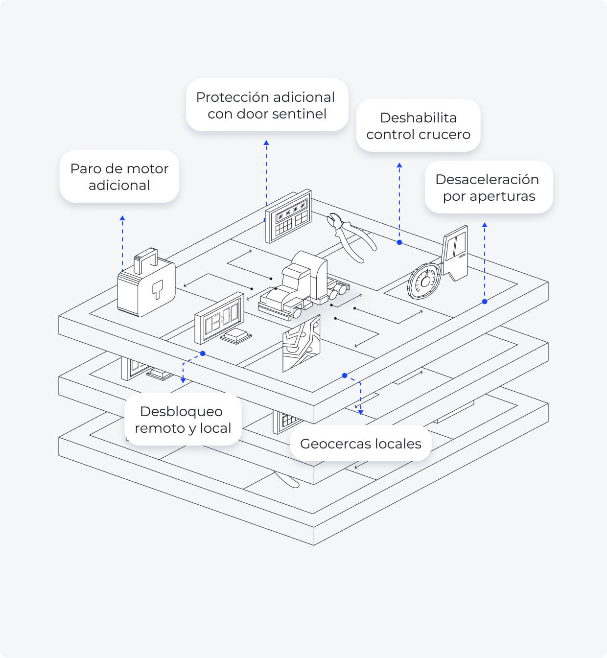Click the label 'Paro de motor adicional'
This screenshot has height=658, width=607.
(119, 177)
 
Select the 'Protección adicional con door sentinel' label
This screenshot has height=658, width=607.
(266, 105)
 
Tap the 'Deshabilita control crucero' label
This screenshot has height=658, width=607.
(418, 126)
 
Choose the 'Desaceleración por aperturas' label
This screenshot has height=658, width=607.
(488, 188)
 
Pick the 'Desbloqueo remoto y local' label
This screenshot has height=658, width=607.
(183, 420)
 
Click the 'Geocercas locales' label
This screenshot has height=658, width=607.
(360, 444)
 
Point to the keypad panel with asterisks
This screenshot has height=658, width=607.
(288, 216)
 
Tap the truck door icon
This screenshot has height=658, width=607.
(455, 252)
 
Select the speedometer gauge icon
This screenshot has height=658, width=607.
(424, 282)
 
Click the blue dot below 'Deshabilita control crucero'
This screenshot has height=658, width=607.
(399, 242)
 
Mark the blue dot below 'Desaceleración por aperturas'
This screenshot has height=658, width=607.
(485, 302)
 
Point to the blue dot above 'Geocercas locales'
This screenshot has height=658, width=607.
(345, 376)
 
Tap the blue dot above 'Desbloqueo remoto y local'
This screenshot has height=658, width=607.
(203, 353)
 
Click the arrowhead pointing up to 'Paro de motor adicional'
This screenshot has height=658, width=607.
(122, 217)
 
